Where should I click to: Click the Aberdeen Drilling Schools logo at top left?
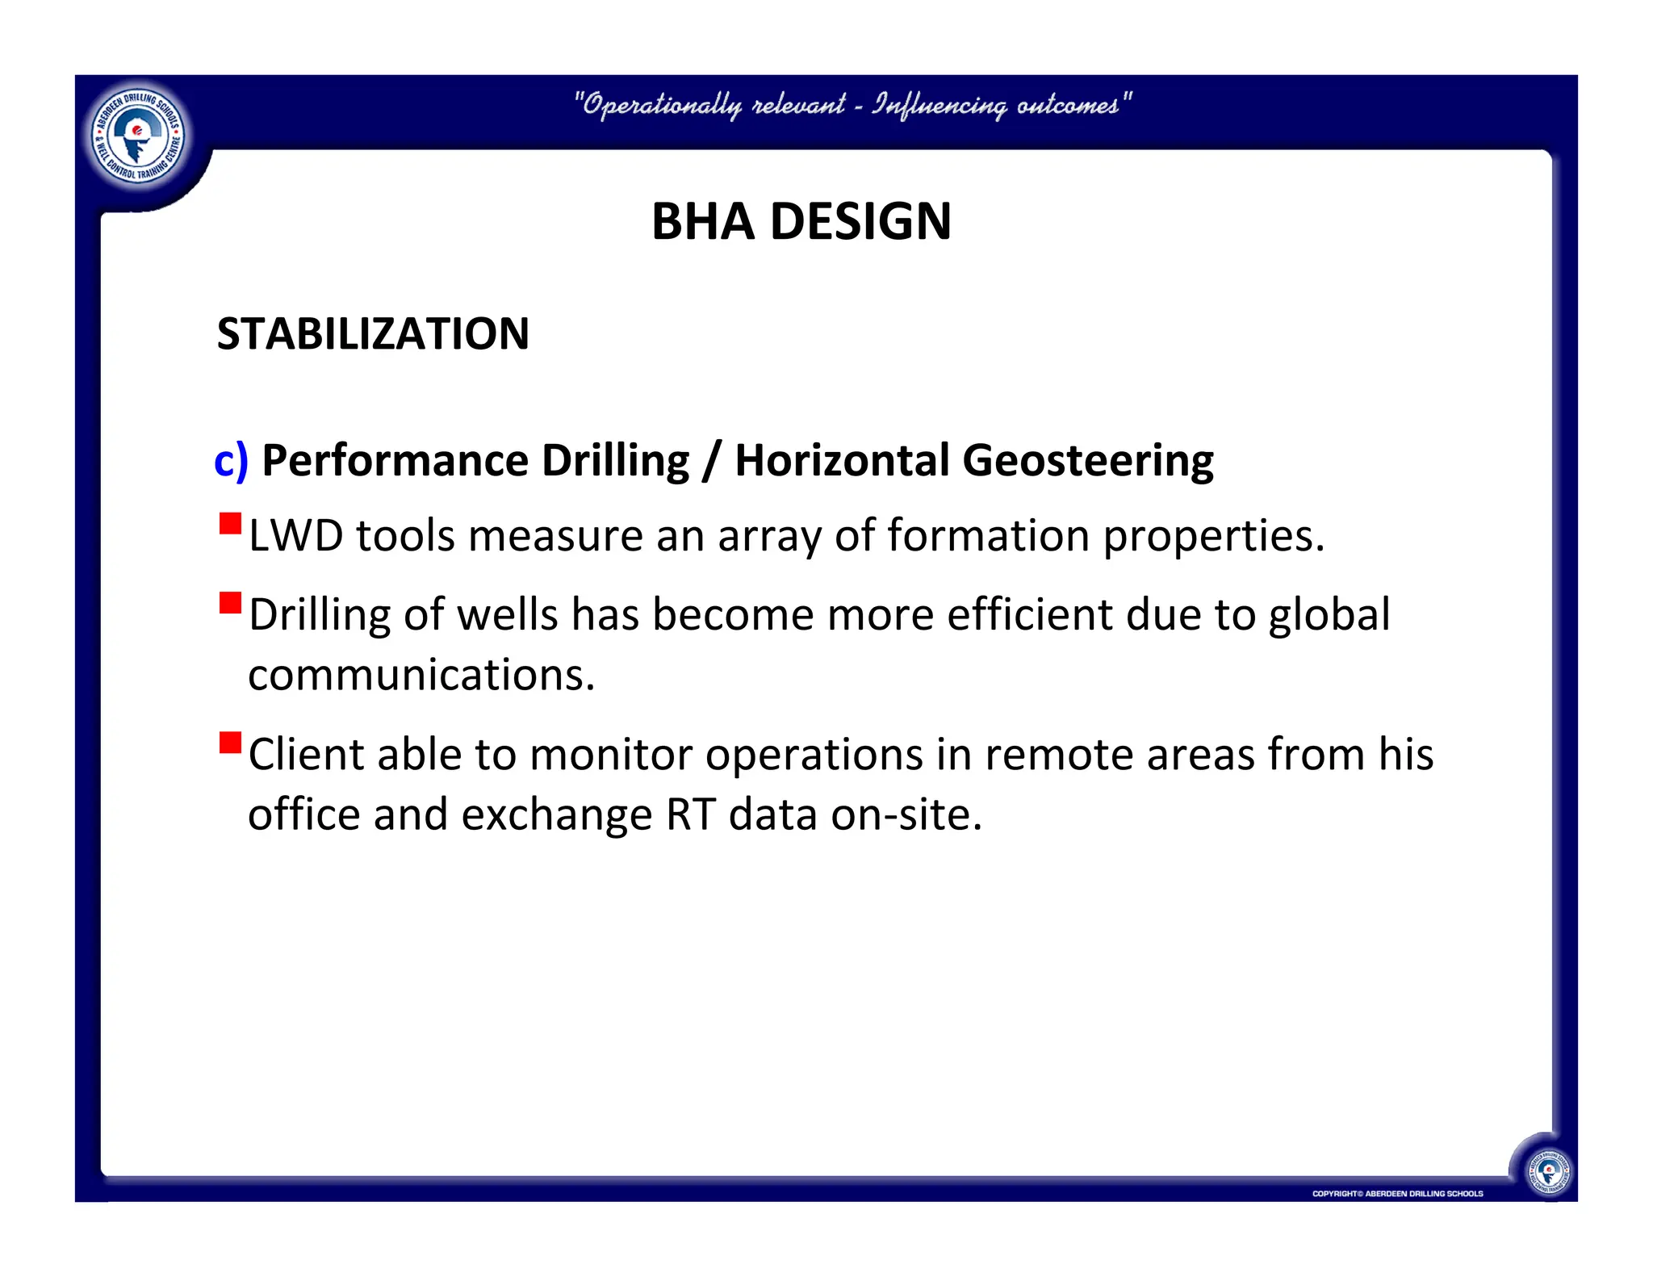pyautogui.click(x=138, y=136)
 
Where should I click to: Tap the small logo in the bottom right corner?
pyautogui.click(x=1548, y=1170)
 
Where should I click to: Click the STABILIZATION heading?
pyautogui.click(x=373, y=333)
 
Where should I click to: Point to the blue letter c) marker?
pyautogui.click(x=230, y=461)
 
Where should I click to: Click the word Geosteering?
pyautogui.click(x=1087, y=461)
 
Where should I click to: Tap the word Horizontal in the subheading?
pyautogui.click(x=842, y=461)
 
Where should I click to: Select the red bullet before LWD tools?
pyautogui.click(x=231, y=525)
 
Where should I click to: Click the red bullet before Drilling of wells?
pyautogui.click(x=231, y=603)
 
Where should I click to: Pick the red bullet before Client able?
pyautogui.click(x=231, y=743)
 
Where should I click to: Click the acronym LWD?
pyautogui.click(x=295, y=535)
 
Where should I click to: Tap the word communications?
pyautogui.click(x=421, y=675)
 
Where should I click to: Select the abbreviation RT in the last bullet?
pyautogui.click(x=690, y=814)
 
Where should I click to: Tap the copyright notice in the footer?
pyautogui.click(x=1397, y=1193)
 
